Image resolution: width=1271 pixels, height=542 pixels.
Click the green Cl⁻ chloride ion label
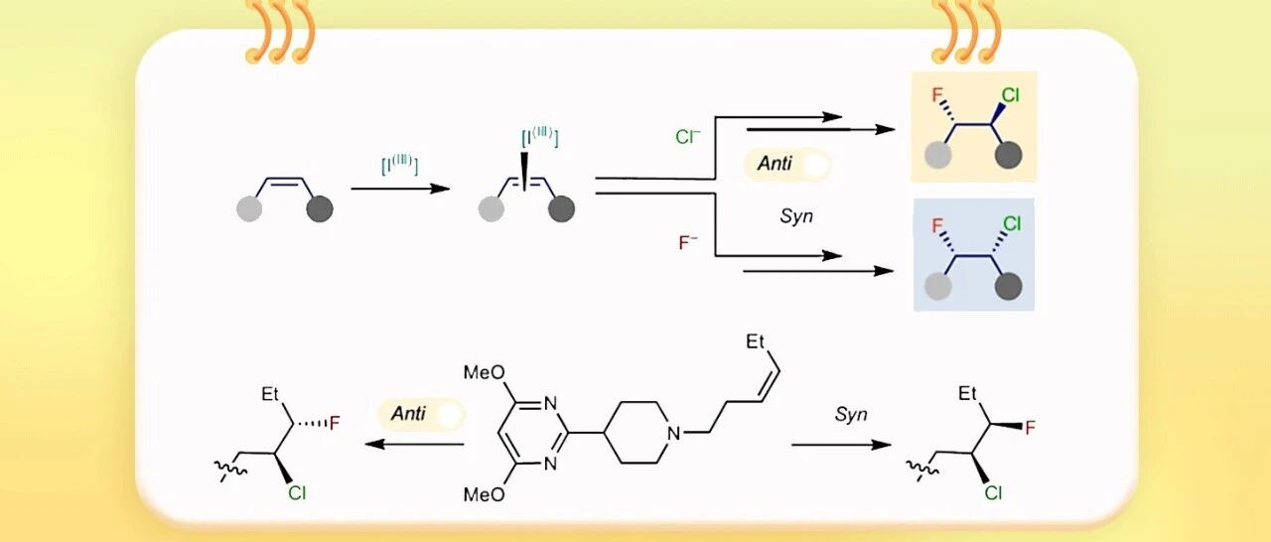click(687, 137)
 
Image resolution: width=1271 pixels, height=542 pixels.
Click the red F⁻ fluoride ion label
click(690, 241)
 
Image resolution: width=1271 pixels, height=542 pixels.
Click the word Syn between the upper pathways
click(796, 215)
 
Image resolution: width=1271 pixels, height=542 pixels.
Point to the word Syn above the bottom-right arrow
click(850, 415)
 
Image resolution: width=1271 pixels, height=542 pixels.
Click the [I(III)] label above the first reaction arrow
click(399, 166)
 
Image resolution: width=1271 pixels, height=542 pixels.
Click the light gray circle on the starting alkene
click(249, 209)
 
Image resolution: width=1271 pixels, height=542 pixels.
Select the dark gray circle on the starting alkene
click(320, 209)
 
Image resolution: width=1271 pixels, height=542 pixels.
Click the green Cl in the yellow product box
click(1010, 96)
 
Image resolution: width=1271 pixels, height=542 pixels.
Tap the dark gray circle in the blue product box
click(1009, 286)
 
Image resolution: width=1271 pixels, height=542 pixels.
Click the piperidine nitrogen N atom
click(673, 433)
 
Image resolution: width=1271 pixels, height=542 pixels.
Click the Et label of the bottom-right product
click(969, 394)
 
